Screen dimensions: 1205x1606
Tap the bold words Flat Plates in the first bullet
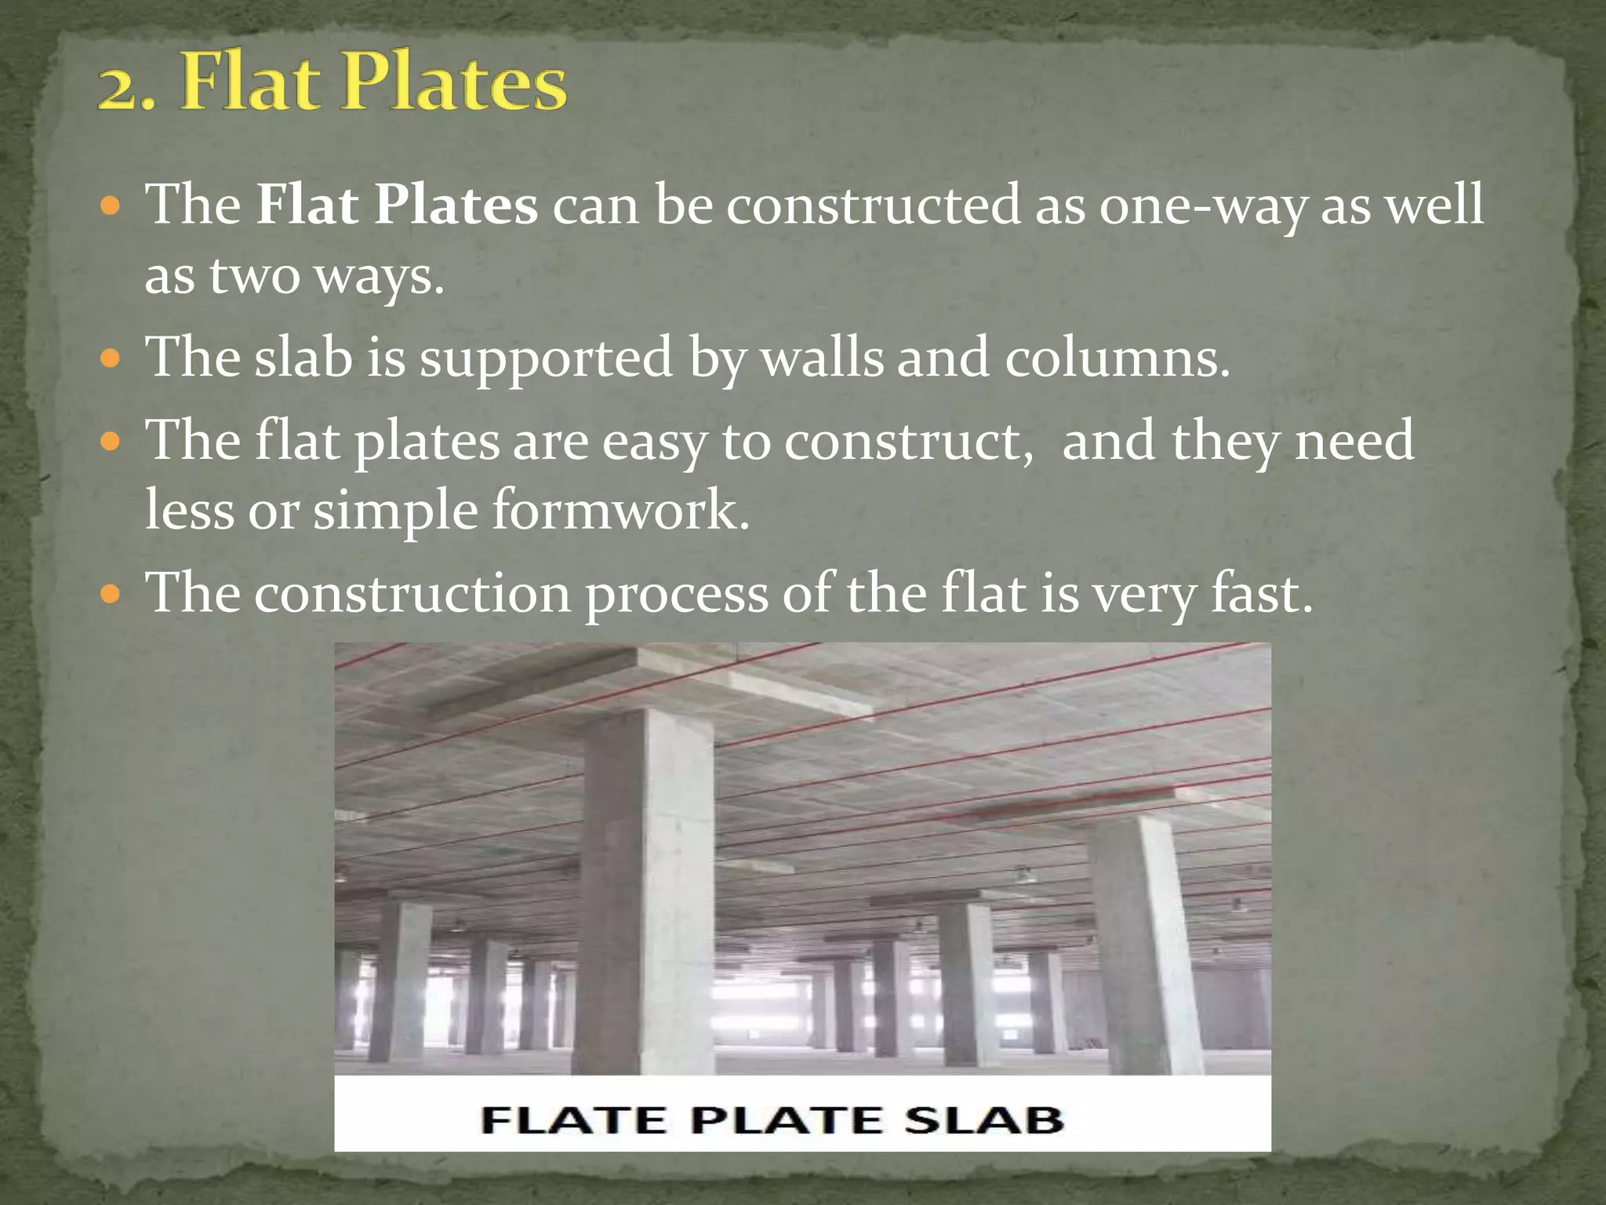click(x=397, y=206)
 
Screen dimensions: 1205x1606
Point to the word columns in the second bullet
click(x=1117, y=359)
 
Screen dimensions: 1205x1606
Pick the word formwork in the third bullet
click(x=620, y=511)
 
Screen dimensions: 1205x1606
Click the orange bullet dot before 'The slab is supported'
click(x=111, y=360)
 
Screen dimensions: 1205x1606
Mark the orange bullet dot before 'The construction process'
click(x=111, y=595)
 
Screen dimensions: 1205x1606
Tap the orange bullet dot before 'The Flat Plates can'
click(x=111, y=207)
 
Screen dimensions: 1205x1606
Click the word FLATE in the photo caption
click(x=572, y=1119)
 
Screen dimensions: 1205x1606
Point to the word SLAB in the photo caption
click(x=984, y=1119)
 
